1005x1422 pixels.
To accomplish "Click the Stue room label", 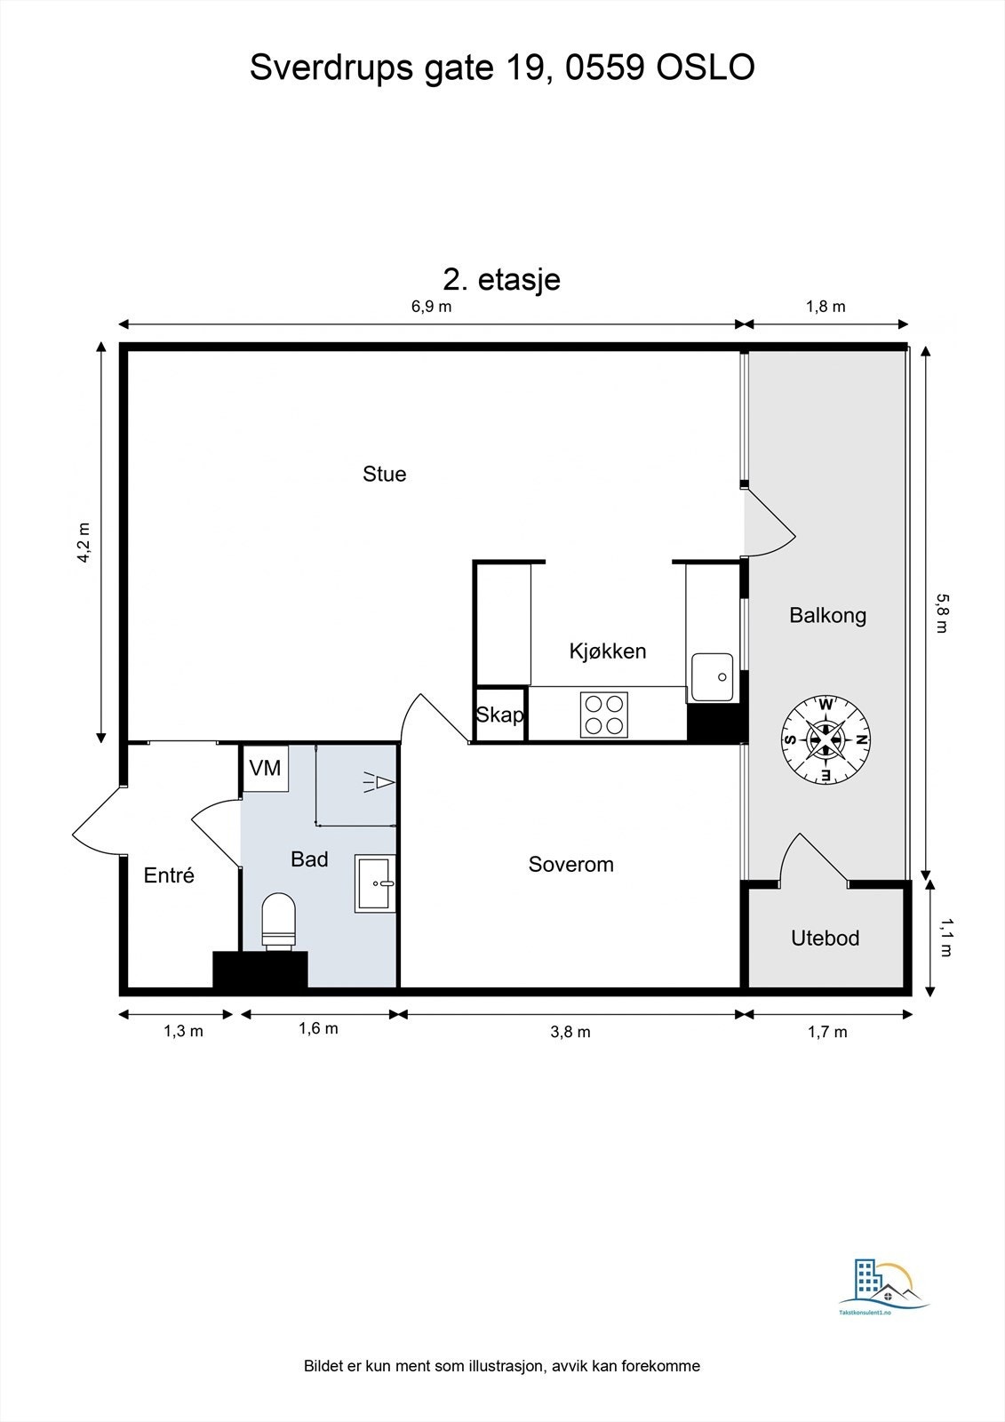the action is (x=384, y=475).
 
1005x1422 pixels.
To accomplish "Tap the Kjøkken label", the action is (x=608, y=651).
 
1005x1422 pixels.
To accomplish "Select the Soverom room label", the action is (x=570, y=864).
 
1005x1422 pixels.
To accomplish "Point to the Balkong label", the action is (x=827, y=615).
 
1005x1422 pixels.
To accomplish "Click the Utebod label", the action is (x=825, y=938).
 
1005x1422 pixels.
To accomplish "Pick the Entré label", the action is (x=168, y=875).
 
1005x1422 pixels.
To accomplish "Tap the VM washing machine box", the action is (x=266, y=768).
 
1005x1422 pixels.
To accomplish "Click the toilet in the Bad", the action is (x=279, y=921).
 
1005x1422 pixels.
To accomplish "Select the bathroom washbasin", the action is (x=375, y=883).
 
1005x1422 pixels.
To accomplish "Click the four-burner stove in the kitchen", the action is (x=603, y=715).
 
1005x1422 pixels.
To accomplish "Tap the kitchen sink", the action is (x=712, y=677).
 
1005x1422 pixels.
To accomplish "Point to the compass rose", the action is (x=825, y=739).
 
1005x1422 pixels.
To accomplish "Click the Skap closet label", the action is (x=500, y=715).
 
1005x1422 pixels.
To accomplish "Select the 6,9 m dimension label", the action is (x=431, y=307).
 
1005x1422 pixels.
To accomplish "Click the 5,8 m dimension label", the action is (x=942, y=613).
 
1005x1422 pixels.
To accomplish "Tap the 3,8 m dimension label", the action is (x=570, y=1032).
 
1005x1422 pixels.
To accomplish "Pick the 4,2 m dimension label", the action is (x=84, y=543).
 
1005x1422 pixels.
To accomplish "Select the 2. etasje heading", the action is (x=501, y=279).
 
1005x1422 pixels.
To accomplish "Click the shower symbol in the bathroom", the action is (x=379, y=782).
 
